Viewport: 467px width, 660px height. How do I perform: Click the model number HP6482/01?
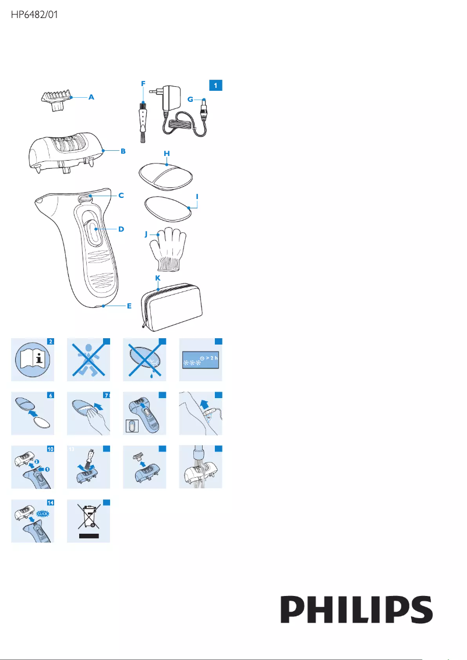click(x=34, y=15)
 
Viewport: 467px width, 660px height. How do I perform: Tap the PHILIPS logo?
click(x=357, y=609)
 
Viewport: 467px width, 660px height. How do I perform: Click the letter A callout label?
click(x=91, y=97)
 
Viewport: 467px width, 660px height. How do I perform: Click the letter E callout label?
click(x=129, y=306)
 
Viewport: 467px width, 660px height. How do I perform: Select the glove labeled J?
click(x=168, y=249)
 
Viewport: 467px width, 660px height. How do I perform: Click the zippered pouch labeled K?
click(x=172, y=307)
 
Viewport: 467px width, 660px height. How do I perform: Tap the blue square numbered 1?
click(x=215, y=86)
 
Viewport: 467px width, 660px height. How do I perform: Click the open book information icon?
click(x=33, y=360)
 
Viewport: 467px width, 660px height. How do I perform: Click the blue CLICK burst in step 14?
click(x=43, y=513)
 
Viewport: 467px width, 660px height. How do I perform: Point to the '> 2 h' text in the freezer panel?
click(x=212, y=358)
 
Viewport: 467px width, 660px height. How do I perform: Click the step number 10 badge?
click(x=51, y=449)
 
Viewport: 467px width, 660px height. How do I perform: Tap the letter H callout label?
click(x=167, y=154)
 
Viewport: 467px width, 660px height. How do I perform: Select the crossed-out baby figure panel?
click(x=89, y=360)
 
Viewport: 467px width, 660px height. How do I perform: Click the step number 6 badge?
click(x=51, y=395)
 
